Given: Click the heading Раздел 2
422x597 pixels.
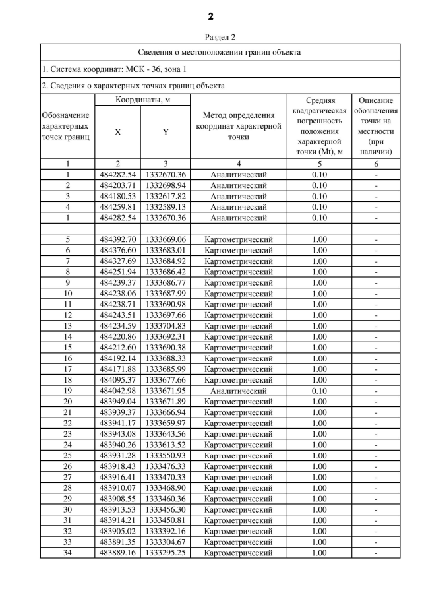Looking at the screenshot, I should pos(211,38).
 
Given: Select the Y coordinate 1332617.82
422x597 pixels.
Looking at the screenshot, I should pos(166,197).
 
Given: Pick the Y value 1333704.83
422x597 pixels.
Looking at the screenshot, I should pos(166,325).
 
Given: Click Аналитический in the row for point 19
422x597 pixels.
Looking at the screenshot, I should pos(238,390).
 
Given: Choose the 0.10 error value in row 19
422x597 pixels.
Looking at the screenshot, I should pos(319,390).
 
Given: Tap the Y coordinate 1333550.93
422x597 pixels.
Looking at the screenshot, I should pos(166,455).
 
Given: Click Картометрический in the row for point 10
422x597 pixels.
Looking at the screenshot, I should pos(238,293).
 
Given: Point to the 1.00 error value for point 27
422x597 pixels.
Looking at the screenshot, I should pos(319,476).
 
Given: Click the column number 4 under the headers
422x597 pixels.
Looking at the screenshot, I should pos(238,164).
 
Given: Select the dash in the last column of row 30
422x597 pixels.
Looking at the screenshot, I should pos(376,509).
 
